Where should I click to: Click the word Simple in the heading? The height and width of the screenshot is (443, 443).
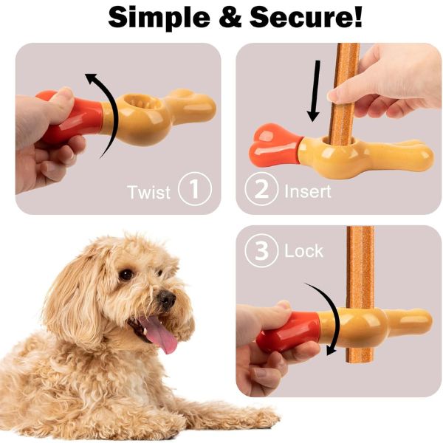[159, 18]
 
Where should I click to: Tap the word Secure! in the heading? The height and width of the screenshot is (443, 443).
[306, 17]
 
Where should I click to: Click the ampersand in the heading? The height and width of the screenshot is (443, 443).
[230, 17]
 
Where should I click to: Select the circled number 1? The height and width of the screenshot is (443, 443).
[195, 189]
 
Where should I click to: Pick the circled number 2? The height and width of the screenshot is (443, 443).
[261, 189]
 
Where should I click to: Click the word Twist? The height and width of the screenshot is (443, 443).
[148, 192]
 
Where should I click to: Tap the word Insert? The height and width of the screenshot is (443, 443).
[308, 191]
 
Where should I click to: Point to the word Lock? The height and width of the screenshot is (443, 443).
[303, 251]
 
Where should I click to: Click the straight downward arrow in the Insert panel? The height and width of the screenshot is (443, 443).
[315, 91]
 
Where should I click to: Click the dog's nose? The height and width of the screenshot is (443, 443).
[166, 298]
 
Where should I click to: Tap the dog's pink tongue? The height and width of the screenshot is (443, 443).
[160, 334]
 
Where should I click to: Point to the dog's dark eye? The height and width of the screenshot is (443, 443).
[126, 275]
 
